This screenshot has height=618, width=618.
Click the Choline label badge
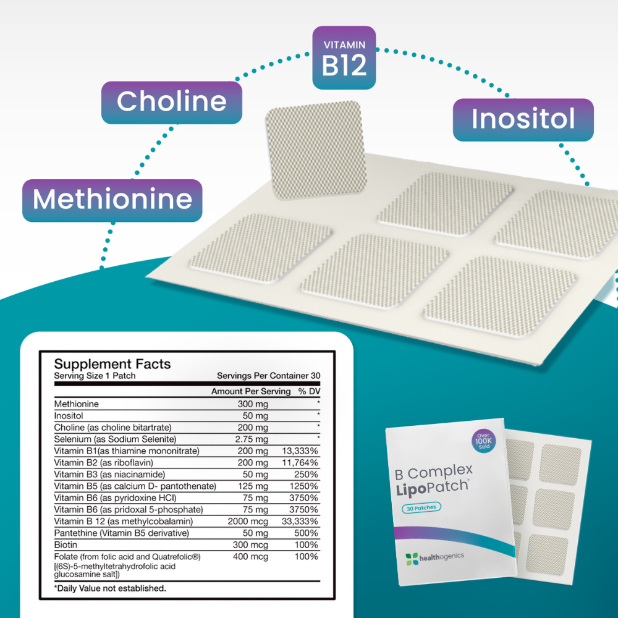pyautogui.click(x=171, y=101)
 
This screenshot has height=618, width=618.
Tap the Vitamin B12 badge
pyautogui.click(x=344, y=58)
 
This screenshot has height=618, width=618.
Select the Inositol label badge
pyautogui.click(x=523, y=119)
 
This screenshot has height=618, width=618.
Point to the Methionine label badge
pyautogui.click(x=112, y=200)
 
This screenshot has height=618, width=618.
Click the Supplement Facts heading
pyautogui.click(x=112, y=364)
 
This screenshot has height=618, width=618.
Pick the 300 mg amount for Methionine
pyautogui.click(x=253, y=404)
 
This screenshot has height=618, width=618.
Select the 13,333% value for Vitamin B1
pyautogui.click(x=300, y=451)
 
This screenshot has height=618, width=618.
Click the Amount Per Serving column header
pyautogui.click(x=250, y=391)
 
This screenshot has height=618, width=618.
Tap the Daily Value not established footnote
pyautogui.click(x=110, y=588)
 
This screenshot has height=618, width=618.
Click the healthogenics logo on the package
pyautogui.click(x=434, y=557)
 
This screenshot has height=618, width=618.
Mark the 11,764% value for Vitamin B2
pyautogui.click(x=300, y=462)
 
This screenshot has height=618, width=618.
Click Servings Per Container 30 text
pyautogui.click(x=268, y=376)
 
